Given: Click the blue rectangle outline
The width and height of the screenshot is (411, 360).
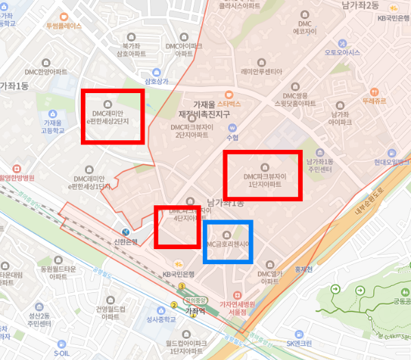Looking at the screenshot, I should (x=228, y=222).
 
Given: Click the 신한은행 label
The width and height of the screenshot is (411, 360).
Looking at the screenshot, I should (x=125, y=242).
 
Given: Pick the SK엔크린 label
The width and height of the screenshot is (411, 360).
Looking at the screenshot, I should (x=299, y=343).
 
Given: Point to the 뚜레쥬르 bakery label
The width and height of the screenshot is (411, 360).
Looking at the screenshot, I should (x=375, y=100).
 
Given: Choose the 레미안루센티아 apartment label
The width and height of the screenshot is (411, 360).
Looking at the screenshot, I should (x=262, y=71).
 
